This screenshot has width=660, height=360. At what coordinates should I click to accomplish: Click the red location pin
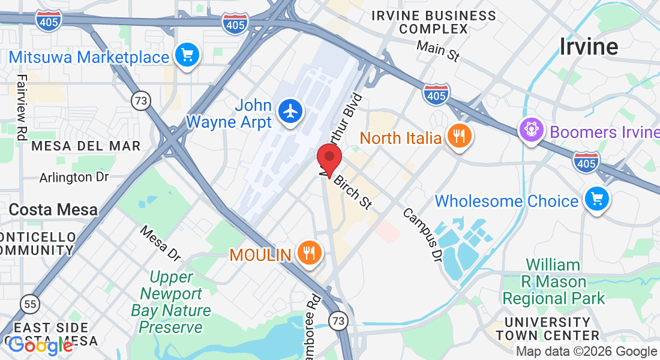click(329, 159)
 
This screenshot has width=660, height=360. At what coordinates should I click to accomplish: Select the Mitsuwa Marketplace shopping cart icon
click(187, 56)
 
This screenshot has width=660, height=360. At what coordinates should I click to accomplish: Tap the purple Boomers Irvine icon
click(531, 130)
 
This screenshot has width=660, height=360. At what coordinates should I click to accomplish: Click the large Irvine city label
click(589, 46)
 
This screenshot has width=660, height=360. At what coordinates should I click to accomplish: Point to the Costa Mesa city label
click(53, 209)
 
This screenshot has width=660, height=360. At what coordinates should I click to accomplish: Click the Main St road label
click(438, 51)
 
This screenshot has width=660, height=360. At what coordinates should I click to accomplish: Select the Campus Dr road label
click(422, 235)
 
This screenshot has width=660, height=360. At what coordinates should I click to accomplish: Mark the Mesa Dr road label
click(160, 243)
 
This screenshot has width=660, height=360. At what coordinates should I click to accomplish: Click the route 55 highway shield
click(29, 304)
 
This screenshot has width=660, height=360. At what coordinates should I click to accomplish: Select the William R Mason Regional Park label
click(553, 281)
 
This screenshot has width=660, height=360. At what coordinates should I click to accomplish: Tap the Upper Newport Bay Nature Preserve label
click(171, 302)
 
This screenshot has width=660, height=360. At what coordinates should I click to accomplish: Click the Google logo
click(40, 346)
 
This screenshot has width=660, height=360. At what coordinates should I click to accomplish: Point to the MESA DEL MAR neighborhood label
click(86, 146)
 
